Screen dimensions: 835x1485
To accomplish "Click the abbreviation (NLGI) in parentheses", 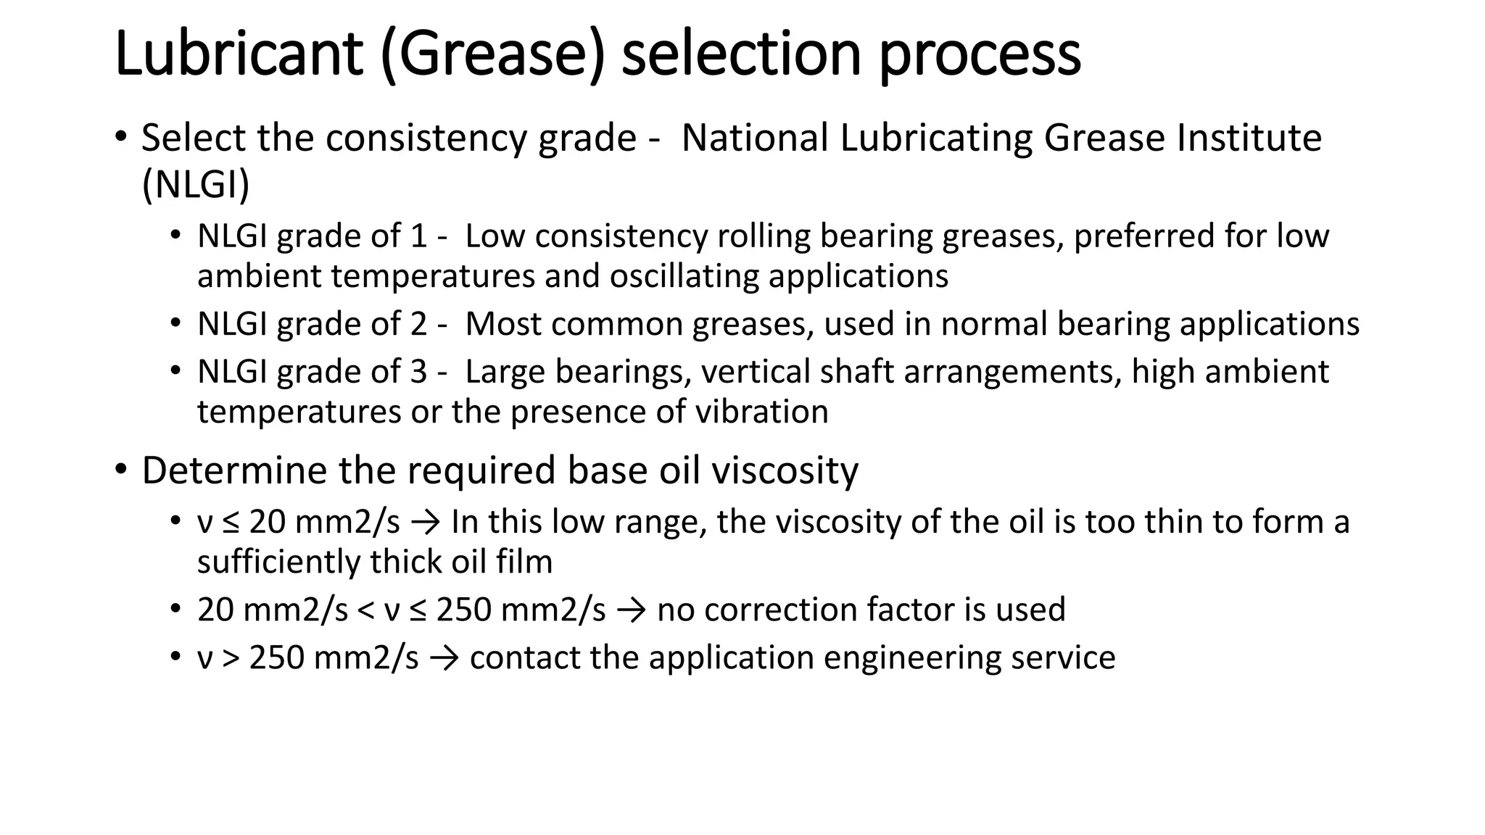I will pyautogui.click(x=196, y=184).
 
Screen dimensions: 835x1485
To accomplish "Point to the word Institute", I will pyautogui.click(x=1249, y=137).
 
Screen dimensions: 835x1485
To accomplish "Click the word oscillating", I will pyautogui.click(x=684, y=276).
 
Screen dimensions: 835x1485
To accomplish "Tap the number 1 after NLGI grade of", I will pyautogui.click(x=418, y=236).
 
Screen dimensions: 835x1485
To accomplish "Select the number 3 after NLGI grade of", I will pyautogui.click(x=418, y=372).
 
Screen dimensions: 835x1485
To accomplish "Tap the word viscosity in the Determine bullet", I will pyautogui.click(x=785, y=471).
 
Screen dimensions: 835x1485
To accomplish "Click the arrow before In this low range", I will pyautogui.click(x=425, y=522).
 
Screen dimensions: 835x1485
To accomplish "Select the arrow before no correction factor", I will pyautogui.click(x=631, y=610).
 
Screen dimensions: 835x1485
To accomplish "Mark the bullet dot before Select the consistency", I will pyautogui.click(x=120, y=137).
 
